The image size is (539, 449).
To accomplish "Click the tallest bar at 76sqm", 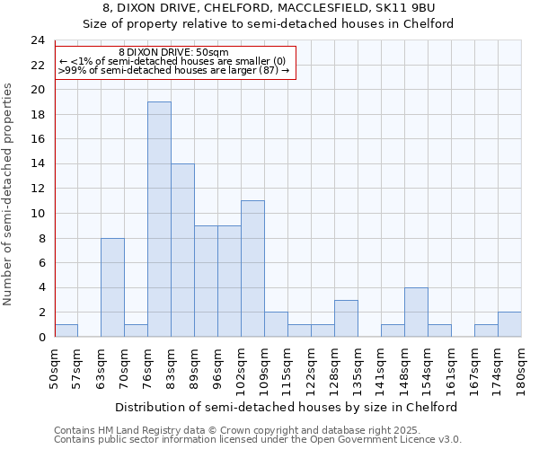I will point(159,219).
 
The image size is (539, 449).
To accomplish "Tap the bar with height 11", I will point(252,269).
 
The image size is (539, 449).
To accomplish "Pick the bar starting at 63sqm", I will point(112,287).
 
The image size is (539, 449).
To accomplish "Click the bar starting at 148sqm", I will point(416,312).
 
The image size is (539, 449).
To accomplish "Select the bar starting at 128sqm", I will point(346,318).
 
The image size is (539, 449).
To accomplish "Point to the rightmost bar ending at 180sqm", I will point(509,324).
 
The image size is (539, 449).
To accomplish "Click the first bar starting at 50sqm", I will point(66,330).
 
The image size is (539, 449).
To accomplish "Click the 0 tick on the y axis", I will point(40,337).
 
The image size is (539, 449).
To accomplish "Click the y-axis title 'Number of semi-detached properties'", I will point(9,194).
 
